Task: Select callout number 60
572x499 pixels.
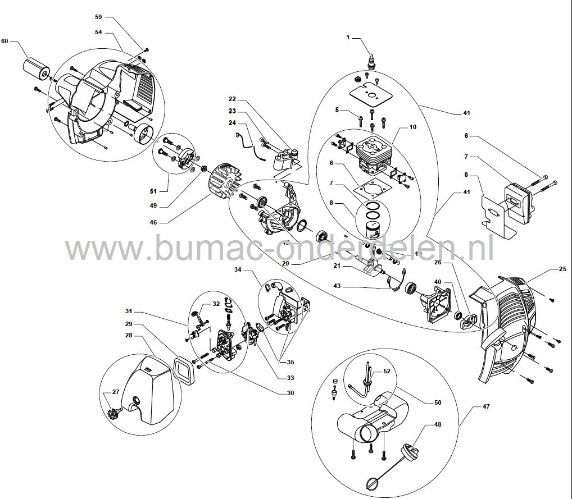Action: click(6, 42)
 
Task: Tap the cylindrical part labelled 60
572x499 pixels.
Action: click(37, 68)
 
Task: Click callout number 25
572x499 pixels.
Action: click(562, 270)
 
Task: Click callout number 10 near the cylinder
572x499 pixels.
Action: click(412, 127)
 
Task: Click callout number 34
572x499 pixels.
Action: click(238, 270)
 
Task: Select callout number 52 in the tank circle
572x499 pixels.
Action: click(386, 371)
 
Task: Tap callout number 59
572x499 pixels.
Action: click(99, 17)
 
